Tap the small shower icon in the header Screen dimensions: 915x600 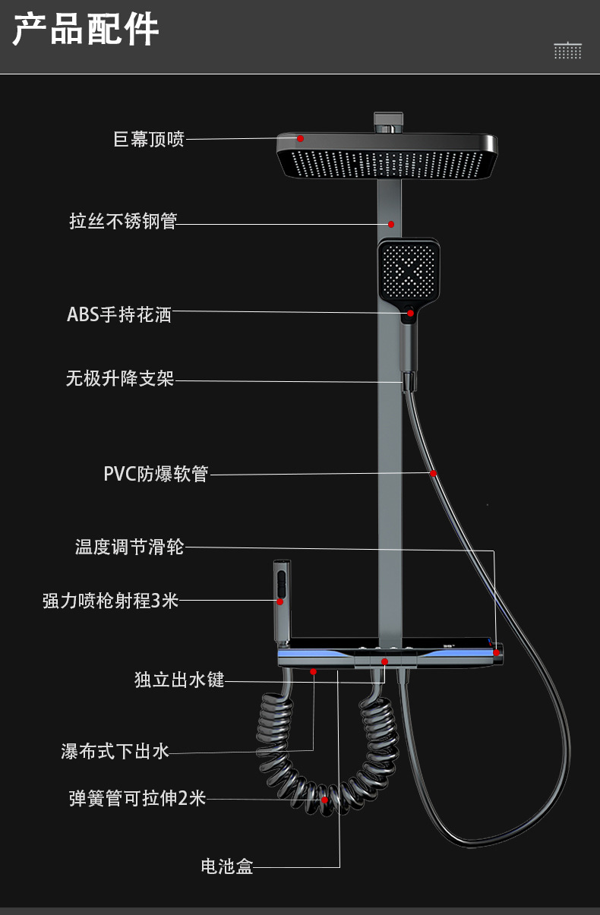(x=567, y=50)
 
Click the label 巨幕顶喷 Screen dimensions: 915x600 (x=149, y=139)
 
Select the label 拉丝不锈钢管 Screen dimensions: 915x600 (x=123, y=222)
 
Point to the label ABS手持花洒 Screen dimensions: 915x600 (x=119, y=314)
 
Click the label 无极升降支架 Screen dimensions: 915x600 (x=120, y=378)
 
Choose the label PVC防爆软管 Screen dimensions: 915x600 (x=156, y=474)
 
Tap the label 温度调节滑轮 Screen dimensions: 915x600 (x=129, y=547)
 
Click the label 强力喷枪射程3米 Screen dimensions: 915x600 (x=111, y=601)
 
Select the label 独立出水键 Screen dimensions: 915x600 (x=179, y=680)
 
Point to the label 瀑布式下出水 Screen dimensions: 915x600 (x=115, y=752)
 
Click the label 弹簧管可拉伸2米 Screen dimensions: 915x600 (x=137, y=799)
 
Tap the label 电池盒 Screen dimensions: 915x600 (x=226, y=866)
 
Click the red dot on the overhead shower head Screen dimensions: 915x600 (x=301, y=138)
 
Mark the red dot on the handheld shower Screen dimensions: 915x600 (x=411, y=312)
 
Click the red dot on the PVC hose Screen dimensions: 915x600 (x=433, y=473)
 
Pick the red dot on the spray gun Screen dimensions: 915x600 (x=279, y=601)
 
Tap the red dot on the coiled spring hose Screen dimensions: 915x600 (x=324, y=800)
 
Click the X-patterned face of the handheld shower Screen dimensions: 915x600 (x=409, y=271)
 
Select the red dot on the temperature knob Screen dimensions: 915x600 (x=496, y=652)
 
